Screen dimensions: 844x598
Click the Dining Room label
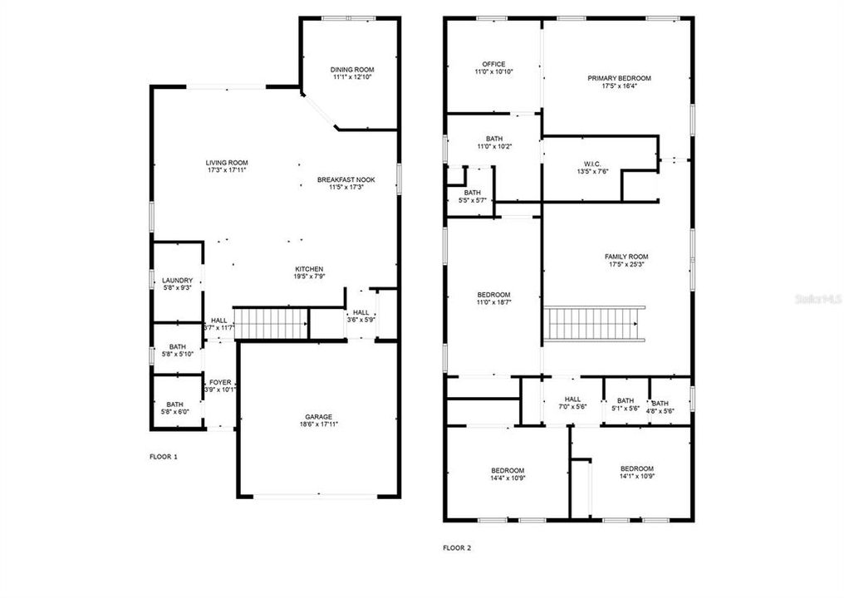pyautogui.click(x=352, y=70)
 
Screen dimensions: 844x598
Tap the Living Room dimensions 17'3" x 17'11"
pyautogui.click(x=227, y=170)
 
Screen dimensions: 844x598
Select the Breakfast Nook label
pyautogui.click(x=346, y=179)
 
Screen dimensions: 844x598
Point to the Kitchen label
pyautogui.click(x=309, y=269)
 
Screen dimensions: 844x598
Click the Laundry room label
pyautogui.click(x=177, y=281)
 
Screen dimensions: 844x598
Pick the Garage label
pyautogui.click(x=319, y=417)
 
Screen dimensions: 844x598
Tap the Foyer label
pyautogui.click(x=220, y=383)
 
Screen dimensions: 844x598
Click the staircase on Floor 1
pyautogui.click(x=270, y=323)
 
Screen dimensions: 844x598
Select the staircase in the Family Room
pyautogui.click(x=594, y=323)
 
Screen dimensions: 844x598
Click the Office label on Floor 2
pyautogui.click(x=493, y=64)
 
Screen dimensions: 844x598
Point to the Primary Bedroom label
pyautogui.click(x=619, y=78)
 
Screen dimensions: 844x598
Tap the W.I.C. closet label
pyautogui.click(x=592, y=164)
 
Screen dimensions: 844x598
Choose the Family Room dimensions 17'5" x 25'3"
pyautogui.click(x=626, y=264)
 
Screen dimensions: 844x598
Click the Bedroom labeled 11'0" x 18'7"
pyautogui.click(x=493, y=295)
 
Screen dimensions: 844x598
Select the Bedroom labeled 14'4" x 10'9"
pyautogui.click(x=508, y=470)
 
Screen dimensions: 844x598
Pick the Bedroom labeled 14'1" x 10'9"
pyautogui.click(x=637, y=468)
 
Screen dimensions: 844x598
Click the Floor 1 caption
pyautogui.click(x=164, y=457)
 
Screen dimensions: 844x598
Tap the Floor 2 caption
pyautogui.click(x=457, y=548)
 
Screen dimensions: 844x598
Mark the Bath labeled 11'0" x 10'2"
pyautogui.click(x=493, y=139)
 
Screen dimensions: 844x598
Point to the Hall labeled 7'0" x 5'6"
pyautogui.click(x=572, y=399)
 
